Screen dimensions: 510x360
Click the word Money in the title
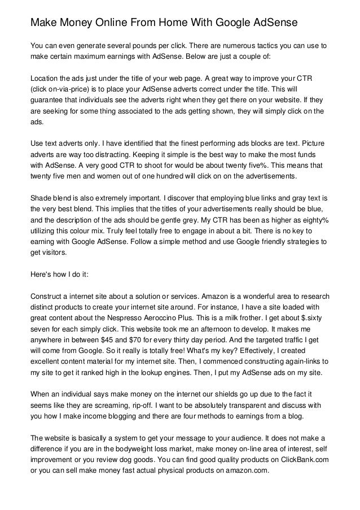click(77, 23)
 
